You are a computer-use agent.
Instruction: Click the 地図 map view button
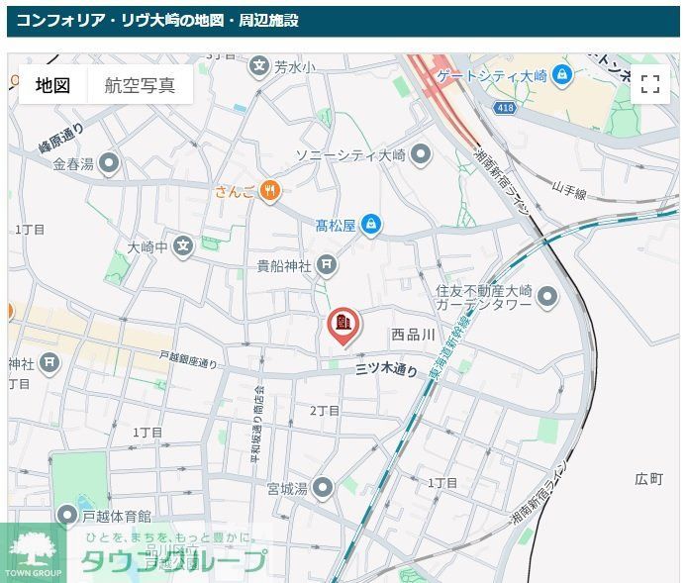coord(52,85)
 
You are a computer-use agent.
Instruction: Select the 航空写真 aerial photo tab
coord(140,85)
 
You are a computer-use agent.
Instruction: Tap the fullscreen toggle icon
coord(649,84)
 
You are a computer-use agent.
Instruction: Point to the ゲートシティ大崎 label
coord(492,75)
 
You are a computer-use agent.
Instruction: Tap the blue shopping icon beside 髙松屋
coord(370,226)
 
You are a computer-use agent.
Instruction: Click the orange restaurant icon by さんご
coord(270,190)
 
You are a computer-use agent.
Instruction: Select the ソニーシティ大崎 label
coord(350,155)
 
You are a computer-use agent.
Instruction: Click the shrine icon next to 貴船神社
coord(327,265)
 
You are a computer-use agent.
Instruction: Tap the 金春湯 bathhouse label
coord(73,163)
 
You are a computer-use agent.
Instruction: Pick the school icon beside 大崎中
coord(182,245)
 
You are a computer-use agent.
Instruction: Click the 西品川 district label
coord(413,336)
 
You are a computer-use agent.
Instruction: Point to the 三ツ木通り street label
coord(387,370)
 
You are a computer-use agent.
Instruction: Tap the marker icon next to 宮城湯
coord(322,487)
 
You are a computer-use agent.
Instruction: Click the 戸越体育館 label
coord(117,516)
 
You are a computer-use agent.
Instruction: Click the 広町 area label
coord(648,479)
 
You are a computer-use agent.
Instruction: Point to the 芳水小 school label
coord(294,67)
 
